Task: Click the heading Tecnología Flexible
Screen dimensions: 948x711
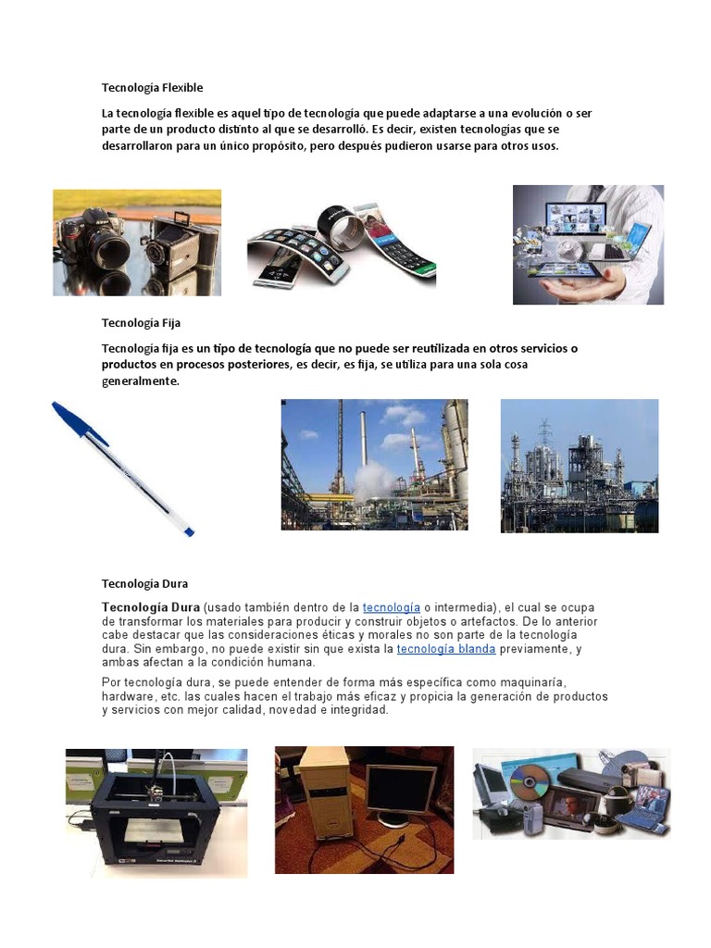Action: click(152, 88)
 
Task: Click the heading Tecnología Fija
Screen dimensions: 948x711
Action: click(141, 323)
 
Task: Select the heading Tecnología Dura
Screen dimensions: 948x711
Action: click(144, 584)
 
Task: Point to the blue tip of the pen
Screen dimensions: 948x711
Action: click(189, 531)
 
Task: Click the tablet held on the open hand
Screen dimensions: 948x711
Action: click(574, 269)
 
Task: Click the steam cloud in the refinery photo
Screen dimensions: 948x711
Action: click(374, 480)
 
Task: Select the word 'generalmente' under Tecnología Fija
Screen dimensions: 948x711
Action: click(140, 380)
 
